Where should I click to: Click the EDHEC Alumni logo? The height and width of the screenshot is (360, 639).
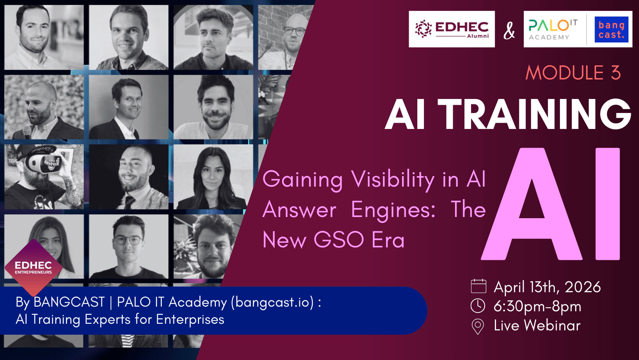[452, 29]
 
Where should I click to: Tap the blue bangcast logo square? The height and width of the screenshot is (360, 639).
[611, 29]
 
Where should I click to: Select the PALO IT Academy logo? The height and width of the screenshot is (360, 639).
[553, 29]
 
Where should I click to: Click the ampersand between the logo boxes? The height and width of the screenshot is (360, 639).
[509, 30]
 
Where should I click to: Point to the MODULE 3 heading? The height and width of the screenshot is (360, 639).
[573, 73]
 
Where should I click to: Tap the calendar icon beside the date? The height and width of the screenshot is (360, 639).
[478, 286]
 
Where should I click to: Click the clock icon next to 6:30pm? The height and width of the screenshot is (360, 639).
[478, 306]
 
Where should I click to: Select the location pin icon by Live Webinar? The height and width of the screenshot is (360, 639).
[478, 326]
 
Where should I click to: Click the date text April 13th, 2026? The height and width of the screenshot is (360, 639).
[547, 287]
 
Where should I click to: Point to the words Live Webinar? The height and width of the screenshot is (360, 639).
[537, 325]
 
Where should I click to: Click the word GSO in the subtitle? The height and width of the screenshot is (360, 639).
[339, 240]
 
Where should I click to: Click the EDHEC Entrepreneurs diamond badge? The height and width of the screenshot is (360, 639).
[34, 268]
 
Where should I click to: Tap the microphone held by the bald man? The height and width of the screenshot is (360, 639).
[27, 132]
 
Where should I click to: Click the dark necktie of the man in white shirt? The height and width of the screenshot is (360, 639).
[129, 202]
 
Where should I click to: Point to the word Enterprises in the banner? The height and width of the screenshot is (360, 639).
[190, 319]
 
